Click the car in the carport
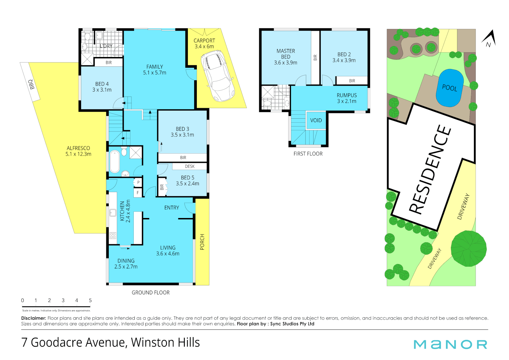click(x=217, y=75)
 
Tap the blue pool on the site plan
click(x=450, y=88)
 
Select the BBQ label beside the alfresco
click(x=32, y=84)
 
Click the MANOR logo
click(x=450, y=344)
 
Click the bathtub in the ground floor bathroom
click(x=114, y=162)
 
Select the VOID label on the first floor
click(x=316, y=120)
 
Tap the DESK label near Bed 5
click(x=189, y=166)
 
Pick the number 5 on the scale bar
click(x=90, y=300)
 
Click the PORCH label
click(x=202, y=242)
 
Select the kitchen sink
click(x=113, y=213)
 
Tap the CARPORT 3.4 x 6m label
click(x=204, y=44)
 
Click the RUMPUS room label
click(x=347, y=95)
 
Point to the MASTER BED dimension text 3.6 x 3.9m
click(x=286, y=63)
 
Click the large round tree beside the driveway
click(x=468, y=248)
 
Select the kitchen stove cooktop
click(x=113, y=236)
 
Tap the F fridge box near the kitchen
click(x=138, y=193)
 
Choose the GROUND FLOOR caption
click(x=150, y=292)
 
